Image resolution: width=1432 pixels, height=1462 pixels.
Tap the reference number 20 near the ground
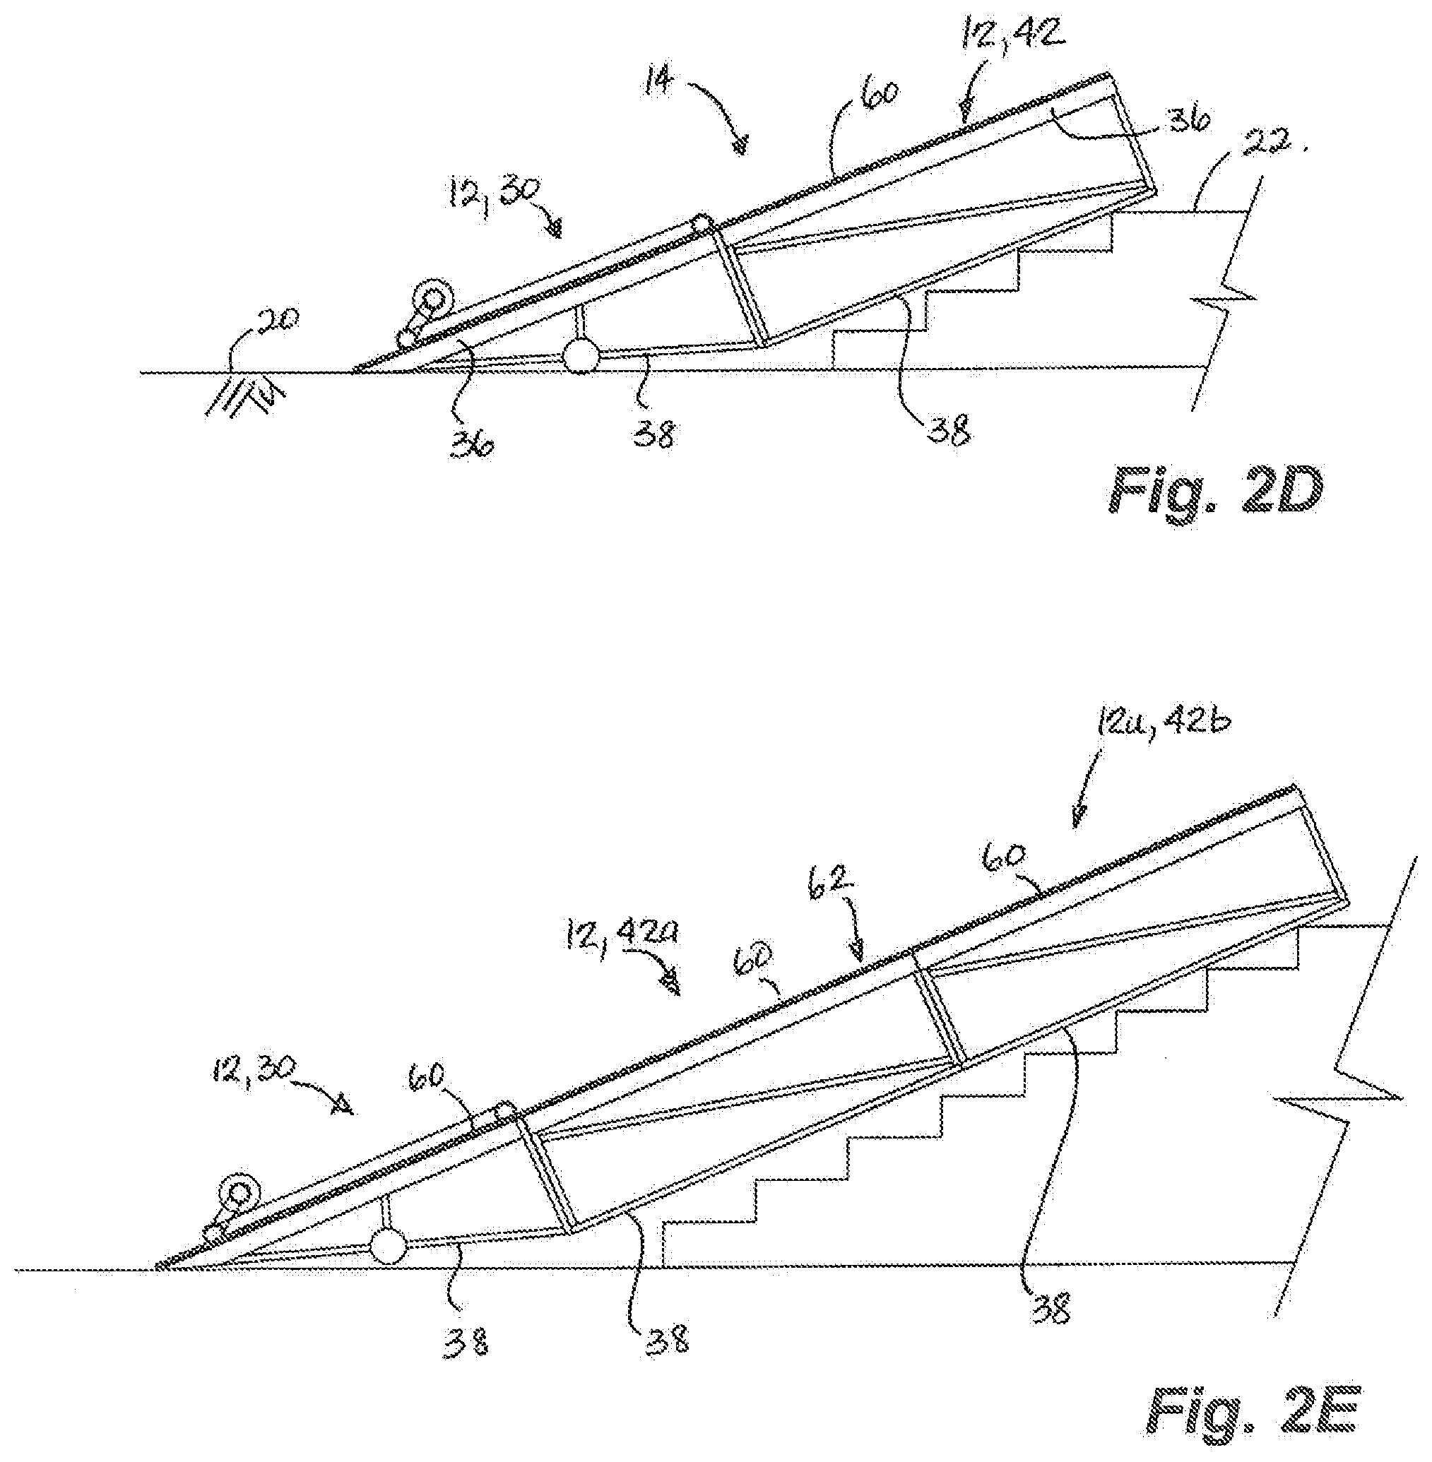coord(278,321)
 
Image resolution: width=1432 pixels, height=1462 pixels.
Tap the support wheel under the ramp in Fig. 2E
coord(388,1246)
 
